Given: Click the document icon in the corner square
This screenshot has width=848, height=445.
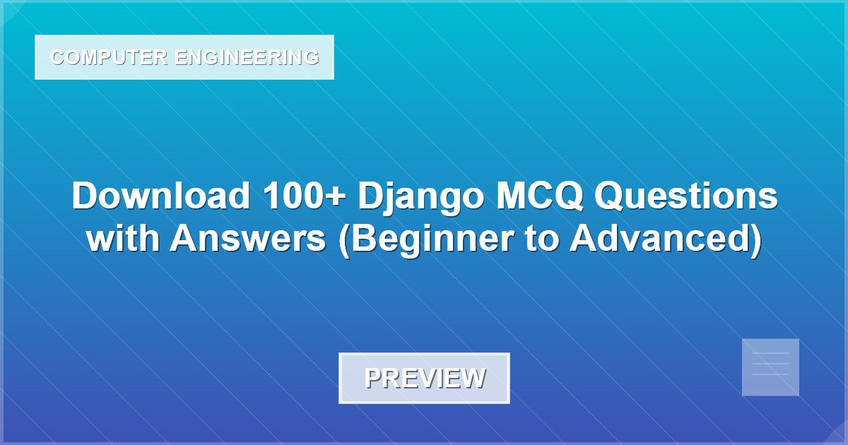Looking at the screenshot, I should pos(770,367).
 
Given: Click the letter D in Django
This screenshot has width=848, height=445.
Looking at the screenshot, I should pos(370,196).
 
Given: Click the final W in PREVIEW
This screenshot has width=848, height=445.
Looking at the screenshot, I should pos(473,379).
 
